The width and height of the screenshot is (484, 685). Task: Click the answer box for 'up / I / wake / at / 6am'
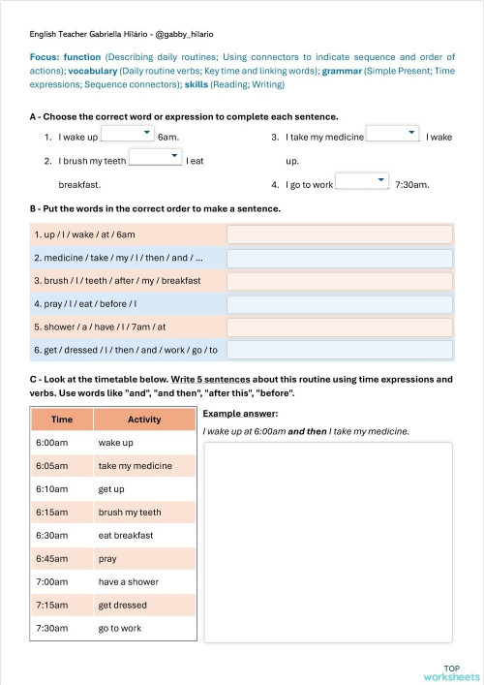(x=339, y=234)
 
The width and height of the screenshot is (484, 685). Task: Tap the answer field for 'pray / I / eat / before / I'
(x=339, y=304)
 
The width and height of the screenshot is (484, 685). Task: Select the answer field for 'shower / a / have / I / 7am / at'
(x=339, y=327)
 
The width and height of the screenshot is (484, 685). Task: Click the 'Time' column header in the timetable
(x=62, y=420)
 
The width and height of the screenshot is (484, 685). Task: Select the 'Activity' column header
(x=144, y=420)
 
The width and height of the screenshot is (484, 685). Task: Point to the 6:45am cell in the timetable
(x=62, y=558)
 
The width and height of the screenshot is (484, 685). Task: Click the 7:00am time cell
(x=62, y=581)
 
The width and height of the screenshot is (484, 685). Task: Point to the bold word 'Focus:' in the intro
(x=46, y=57)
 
